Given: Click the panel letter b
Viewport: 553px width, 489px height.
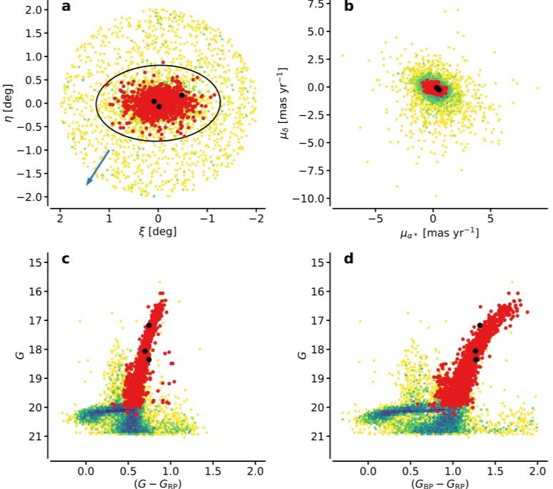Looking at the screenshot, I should [x=349, y=8].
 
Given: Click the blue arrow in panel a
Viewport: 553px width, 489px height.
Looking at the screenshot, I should [x=98, y=167].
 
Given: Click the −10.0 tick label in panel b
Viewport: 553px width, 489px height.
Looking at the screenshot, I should [x=312, y=198].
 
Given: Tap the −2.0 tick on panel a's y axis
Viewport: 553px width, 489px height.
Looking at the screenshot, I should [x=33, y=197].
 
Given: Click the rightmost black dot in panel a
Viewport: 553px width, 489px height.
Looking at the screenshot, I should [x=181, y=95].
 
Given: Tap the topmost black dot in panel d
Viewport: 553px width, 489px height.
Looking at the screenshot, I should [x=480, y=325].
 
